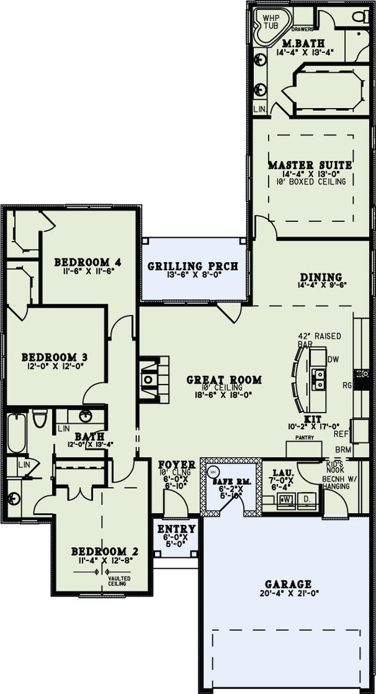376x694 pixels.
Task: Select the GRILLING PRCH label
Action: (x=193, y=266)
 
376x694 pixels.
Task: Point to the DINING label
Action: (x=320, y=276)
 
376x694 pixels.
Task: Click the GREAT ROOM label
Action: (x=224, y=380)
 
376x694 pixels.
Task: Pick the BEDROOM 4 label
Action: (x=88, y=262)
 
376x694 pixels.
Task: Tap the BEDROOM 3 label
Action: (x=54, y=356)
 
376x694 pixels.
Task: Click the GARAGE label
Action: (x=288, y=584)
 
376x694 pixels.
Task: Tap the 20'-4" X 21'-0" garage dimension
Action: (x=288, y=594)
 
